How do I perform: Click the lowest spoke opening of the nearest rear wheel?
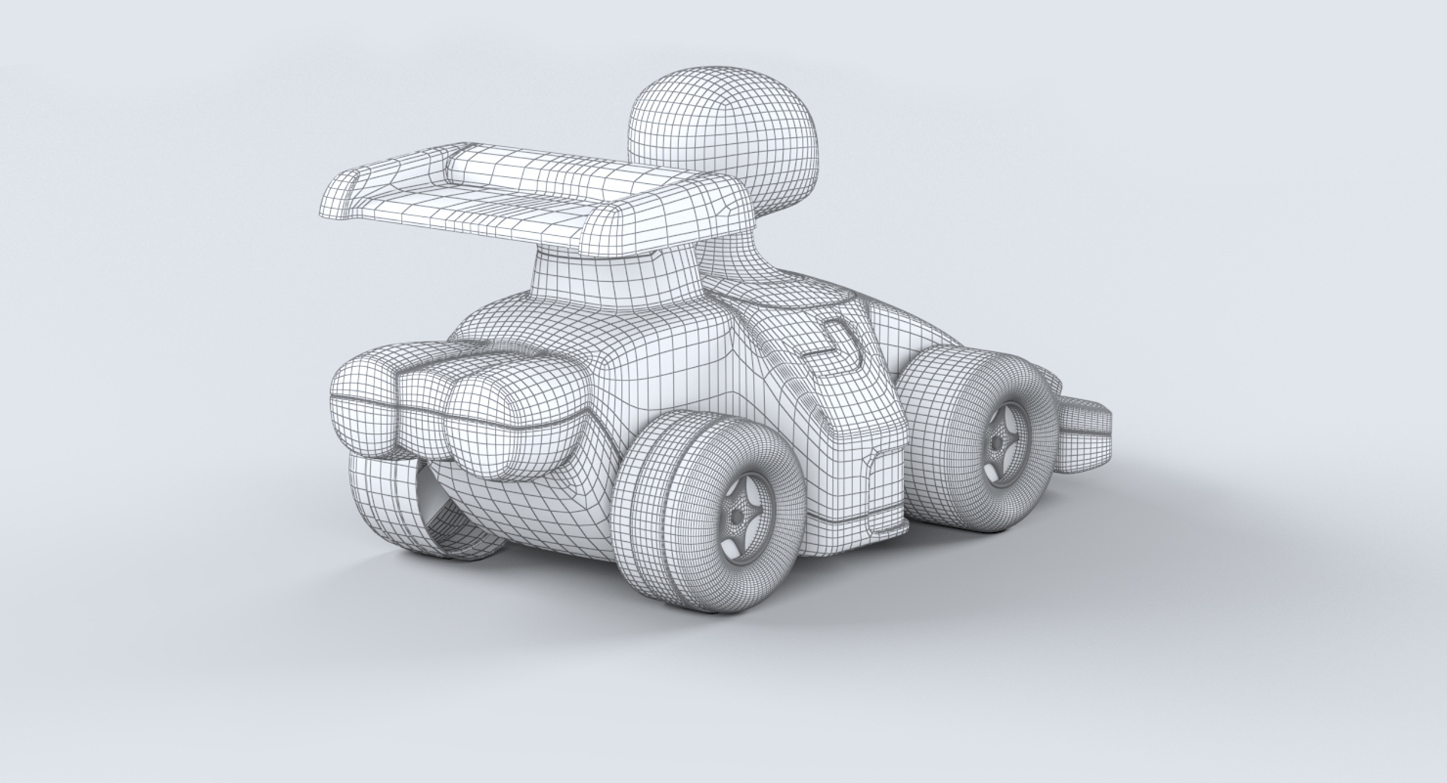(x=733, y=549)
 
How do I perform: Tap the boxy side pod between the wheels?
(x=852, y=437)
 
